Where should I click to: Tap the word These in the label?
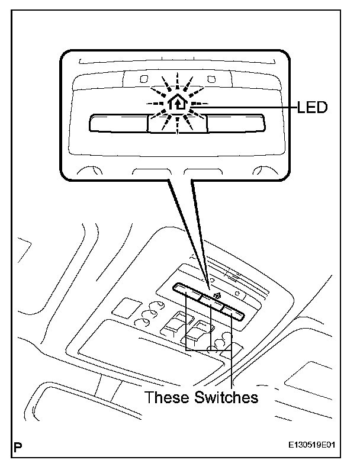(168, 397)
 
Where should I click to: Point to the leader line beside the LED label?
(249, 107)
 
